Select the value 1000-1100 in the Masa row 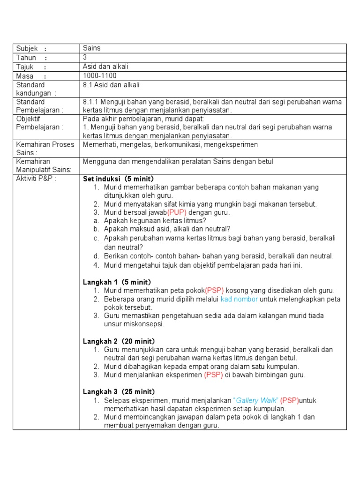pos(99,75)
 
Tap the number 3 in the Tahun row pos(85,57)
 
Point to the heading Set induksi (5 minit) pos(119,179)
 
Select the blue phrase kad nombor pos(239,299)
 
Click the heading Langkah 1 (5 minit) pos(117,282)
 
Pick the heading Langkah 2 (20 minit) pos(119,341)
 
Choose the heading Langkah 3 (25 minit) pos(119,391)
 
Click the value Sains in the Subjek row pos(92,48)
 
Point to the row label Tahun pos(26,57)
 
